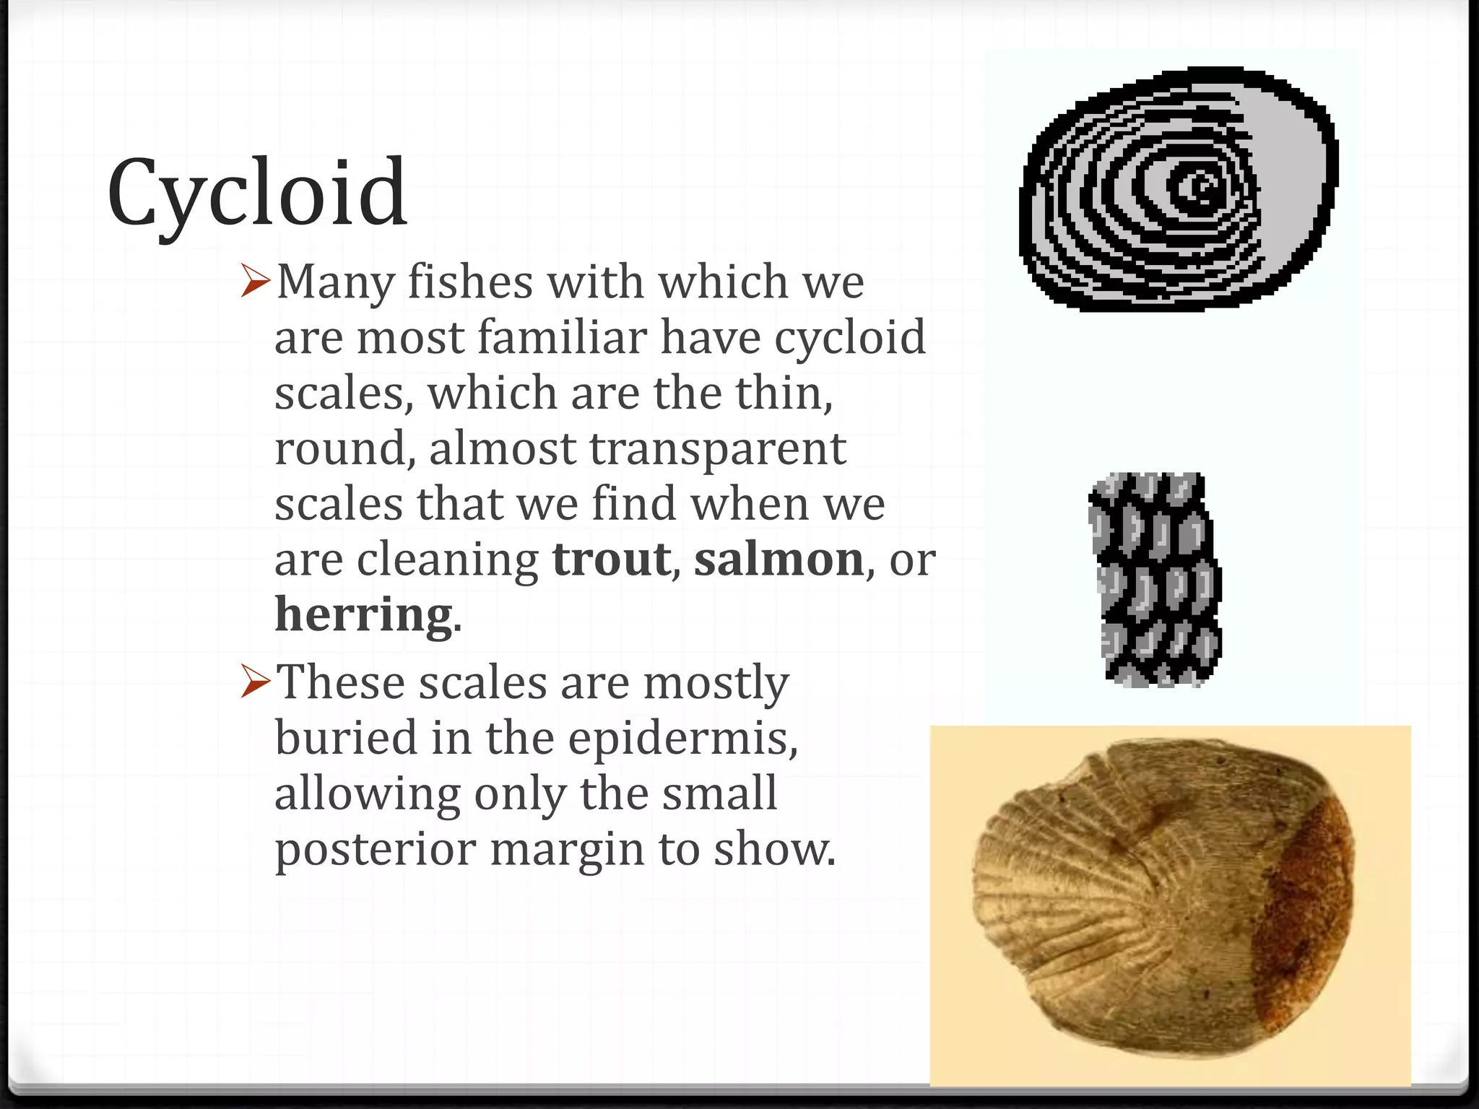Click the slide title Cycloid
click(257, 193)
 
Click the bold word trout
click(611, 560)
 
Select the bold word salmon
click(778, 560)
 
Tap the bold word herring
click(363, 615)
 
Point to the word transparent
click(717, 449)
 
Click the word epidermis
click(682, 739)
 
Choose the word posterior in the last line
click(376, 850)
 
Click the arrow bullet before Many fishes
click(256, 282)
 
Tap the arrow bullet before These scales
click(256, 682)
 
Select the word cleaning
click(448, 560)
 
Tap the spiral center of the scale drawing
click(1202, 186)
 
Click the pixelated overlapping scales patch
click(1155, 579)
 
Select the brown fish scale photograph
click(1163, 903)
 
